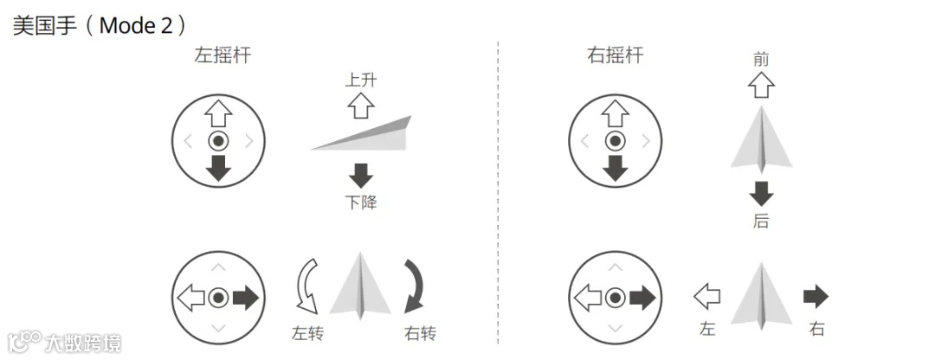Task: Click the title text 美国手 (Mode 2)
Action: [x=100, y=25]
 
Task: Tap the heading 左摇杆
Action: [x=222, y=56]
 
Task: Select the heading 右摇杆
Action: [x=616, y=56]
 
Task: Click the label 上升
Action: [x=360, y=80]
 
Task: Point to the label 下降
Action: [x=360, y=202]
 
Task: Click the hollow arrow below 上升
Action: [x=360, y=106]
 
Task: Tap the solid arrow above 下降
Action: [x=360, y=176]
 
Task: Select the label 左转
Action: [x=307, y=333]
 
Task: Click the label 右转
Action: [x=420, y=333]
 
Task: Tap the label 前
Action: [x=761, y=59]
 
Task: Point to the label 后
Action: [x=761, y=222]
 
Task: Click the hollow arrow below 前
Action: [x=761, y=85]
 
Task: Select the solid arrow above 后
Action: [x=761, y=192]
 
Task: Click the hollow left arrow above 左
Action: [x=706, y=297]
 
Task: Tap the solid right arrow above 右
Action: [x=816, y=297]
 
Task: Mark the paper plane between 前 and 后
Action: [x=761, y=138]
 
